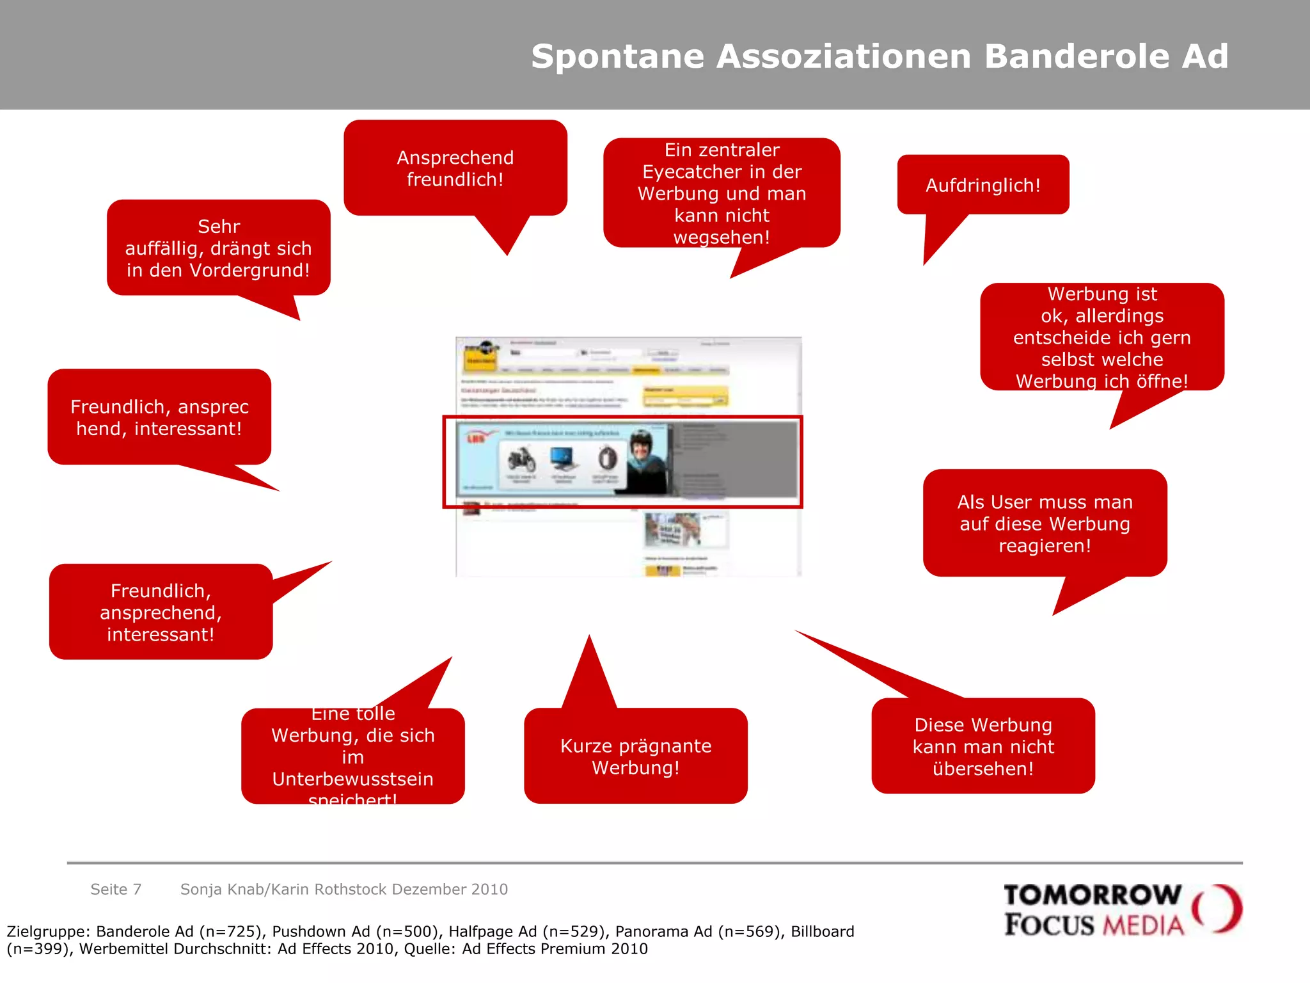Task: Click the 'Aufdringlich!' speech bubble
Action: coord(982,186)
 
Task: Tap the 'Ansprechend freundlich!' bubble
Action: coord(455,168)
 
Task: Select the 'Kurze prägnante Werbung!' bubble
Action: coord(635,756)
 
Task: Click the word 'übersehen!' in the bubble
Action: coord(982,769)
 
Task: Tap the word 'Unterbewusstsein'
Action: coord(352,779)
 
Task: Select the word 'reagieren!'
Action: coord(1045,546)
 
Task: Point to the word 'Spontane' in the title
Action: coord(617,56)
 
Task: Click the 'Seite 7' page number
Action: coord(116,890)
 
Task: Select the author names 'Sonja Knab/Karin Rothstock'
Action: coord(283,890)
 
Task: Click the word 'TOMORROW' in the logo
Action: coord(1092,895)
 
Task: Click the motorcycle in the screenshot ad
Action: coord(521,459)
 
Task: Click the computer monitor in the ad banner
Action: coord(563,458)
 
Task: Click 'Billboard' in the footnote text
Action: coord(822,932)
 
